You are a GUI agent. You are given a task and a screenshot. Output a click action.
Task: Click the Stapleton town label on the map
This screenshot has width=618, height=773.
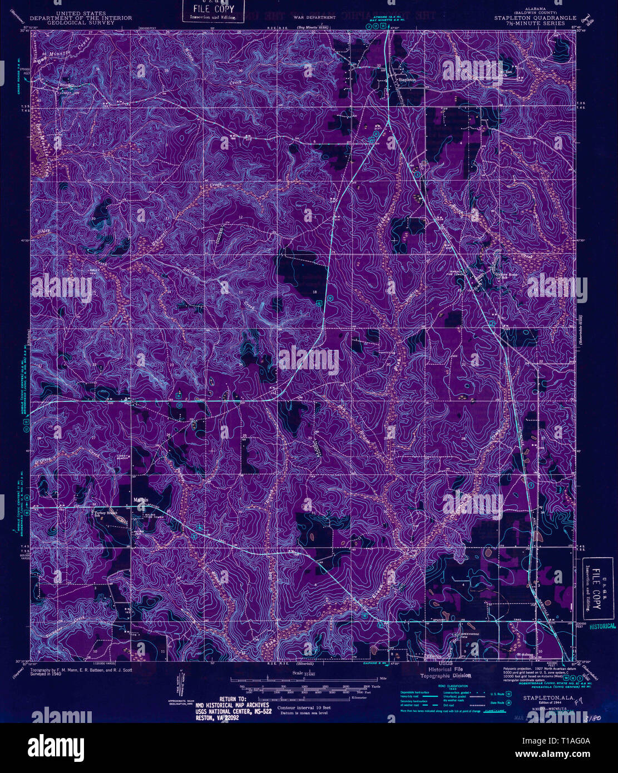pos(407,80)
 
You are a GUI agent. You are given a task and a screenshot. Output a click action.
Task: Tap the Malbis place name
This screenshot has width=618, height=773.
pos(140,499)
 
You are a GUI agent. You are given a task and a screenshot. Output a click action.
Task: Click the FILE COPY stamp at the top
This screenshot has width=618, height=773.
pos(214,11)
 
